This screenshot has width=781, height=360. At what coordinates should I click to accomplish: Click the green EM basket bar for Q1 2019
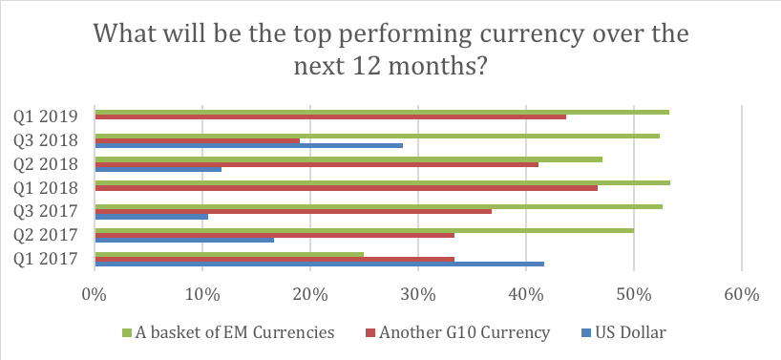tap(382, 112)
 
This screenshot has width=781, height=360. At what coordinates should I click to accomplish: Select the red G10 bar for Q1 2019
tap(330, 117)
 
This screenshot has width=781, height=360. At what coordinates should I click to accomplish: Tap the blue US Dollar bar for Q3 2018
tap(248, 145)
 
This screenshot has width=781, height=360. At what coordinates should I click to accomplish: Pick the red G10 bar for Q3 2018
tap(198, 141)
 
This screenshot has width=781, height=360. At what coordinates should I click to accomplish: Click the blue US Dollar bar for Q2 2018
tap(158, 169)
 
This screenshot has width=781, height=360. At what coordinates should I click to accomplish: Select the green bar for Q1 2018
tap(383, 182)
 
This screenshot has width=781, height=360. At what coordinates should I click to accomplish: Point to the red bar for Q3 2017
tap(293, 212)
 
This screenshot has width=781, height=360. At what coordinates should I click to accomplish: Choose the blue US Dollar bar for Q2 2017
tap(184, 240)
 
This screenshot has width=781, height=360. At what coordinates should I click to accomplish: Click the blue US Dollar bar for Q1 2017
tap(319, 264)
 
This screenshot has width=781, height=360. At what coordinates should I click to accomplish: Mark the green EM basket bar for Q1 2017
tap(229, 254)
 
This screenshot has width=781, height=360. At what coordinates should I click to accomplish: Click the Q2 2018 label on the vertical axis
tap(46, 164)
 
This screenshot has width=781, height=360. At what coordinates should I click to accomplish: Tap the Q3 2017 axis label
tap(46, 212)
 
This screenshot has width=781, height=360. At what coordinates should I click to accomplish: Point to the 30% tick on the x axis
tap(417, 295)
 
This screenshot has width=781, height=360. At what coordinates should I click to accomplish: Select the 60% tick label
tap(742, 295)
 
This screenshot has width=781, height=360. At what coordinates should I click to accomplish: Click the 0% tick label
tap(94, 295)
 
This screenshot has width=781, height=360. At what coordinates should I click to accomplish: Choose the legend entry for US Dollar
tap(623, 332)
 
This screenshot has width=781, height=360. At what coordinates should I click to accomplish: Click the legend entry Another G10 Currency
tap(457, 332)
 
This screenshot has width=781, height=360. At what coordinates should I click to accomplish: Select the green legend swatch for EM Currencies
tap(127, 332)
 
